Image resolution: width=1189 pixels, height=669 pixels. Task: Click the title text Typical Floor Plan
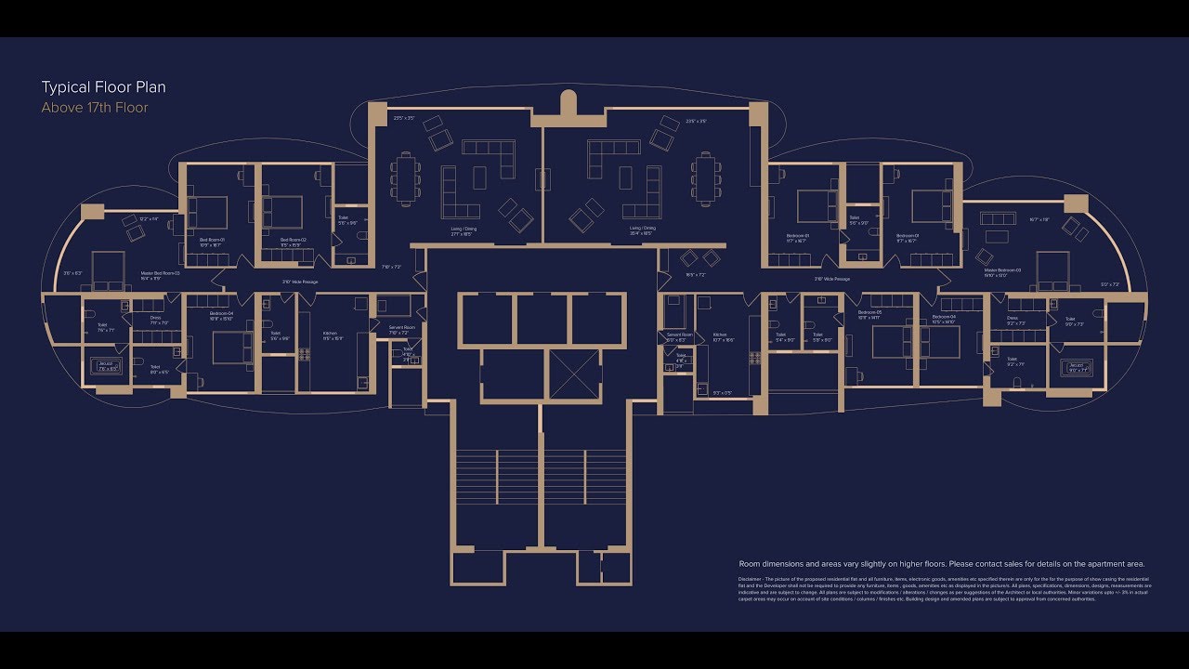pyautogui.click(x=103, y=87)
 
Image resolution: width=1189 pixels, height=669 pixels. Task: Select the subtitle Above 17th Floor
pyautogui.click(x=95, y=108)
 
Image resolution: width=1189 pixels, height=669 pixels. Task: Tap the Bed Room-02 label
pyautogui.click(x=294, y=240)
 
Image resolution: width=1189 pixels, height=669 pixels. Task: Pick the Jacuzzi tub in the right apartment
pyautogui.click(x=1077, y=366)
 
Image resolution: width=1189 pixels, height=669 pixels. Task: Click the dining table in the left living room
pyautogui.click(x=406, y=177)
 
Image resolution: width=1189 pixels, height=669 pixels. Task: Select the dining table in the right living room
pyautogui.click(x=706, y=177)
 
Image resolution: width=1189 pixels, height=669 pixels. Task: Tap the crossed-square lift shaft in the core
pyautogui.click(x=576, y=374)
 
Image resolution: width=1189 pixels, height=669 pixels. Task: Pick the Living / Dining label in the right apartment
pyautogui.click(x=642, y=228)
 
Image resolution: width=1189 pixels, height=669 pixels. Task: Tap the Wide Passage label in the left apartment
pyautogui.click(x=300, y=282)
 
